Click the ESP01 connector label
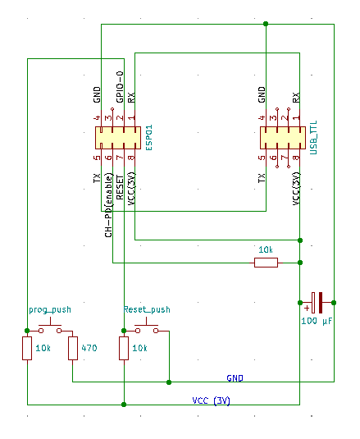(149, 138)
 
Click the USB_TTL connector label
(313, 138)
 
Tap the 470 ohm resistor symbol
(73, 348)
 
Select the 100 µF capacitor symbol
(317, 303)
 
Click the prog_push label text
(50, 310)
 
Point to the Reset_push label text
(147, 309)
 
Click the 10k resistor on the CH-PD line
(266, 263)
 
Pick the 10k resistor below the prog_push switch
(27, 348)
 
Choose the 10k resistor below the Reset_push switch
(124, 348)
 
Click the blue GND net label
(235, 378)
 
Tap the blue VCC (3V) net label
(212, 400)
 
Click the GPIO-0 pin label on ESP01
(120, 87)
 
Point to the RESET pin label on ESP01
(120, 187)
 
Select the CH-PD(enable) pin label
(108, 205)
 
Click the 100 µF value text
(317, 321)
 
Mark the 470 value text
(89, 348)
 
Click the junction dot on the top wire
(266, 24)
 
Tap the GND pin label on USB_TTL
(262, 94)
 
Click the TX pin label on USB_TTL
(262, 178)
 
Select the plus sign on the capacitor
(307, 308)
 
